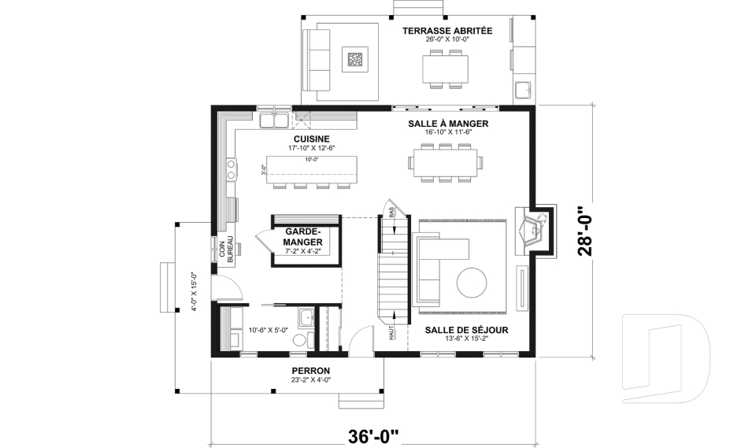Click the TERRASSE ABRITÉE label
(447, 31)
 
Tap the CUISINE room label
(312, 139)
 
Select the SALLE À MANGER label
(448, 124)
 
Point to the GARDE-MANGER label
(302, 236)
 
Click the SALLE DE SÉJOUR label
(466, 331)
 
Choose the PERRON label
(311, 371)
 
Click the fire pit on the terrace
(355, 59)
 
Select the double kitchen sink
(274, 120)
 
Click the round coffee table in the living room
(472, 283)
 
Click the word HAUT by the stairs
(391, 332)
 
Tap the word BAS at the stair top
(391, 211)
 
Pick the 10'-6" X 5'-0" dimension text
(268, 331)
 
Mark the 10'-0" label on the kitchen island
(312, 159)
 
